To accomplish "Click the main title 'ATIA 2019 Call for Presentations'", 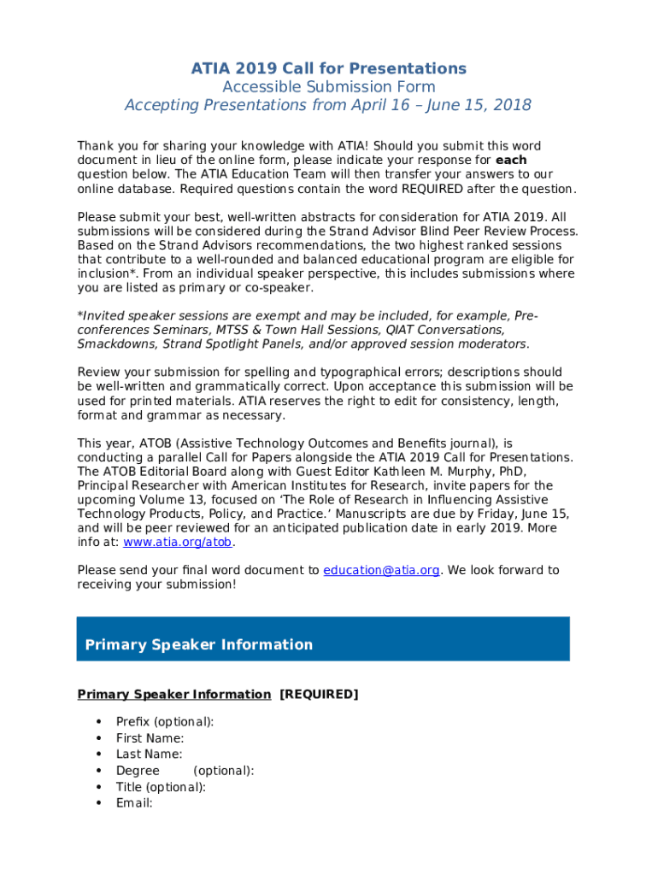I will (328, 68).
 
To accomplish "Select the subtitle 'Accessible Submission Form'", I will (328, 87).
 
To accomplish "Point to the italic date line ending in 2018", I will (328, 106).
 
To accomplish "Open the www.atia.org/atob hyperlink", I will (178, 543).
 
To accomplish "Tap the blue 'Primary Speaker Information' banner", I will (323, 639).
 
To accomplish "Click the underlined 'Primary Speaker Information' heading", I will (174, 695).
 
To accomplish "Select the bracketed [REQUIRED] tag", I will (319, 695).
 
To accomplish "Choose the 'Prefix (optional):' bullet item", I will (165, 722).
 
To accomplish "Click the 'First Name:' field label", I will (150, 738).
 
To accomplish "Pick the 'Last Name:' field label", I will (149, 755).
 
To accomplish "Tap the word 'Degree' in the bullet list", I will (138, 771).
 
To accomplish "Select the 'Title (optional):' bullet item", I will (161, 787).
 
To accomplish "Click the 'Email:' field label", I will (134, 803).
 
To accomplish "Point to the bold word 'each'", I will (511, 161).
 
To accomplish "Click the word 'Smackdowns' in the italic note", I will (113, 344).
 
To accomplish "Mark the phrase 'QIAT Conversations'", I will (444, 330).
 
